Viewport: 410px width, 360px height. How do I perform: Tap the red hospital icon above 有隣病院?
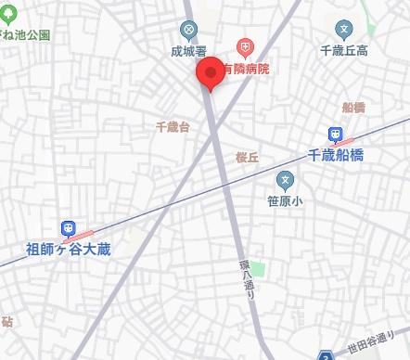click(245, 45)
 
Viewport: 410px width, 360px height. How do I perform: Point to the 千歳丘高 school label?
click(345, 53)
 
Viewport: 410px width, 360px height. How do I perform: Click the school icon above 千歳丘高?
click(345, 29)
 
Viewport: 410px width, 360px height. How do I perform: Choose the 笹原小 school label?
click(286, 199)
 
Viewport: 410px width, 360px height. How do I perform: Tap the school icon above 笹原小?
click(286, 177)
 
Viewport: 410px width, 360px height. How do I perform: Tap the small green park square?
click(259, 270)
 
